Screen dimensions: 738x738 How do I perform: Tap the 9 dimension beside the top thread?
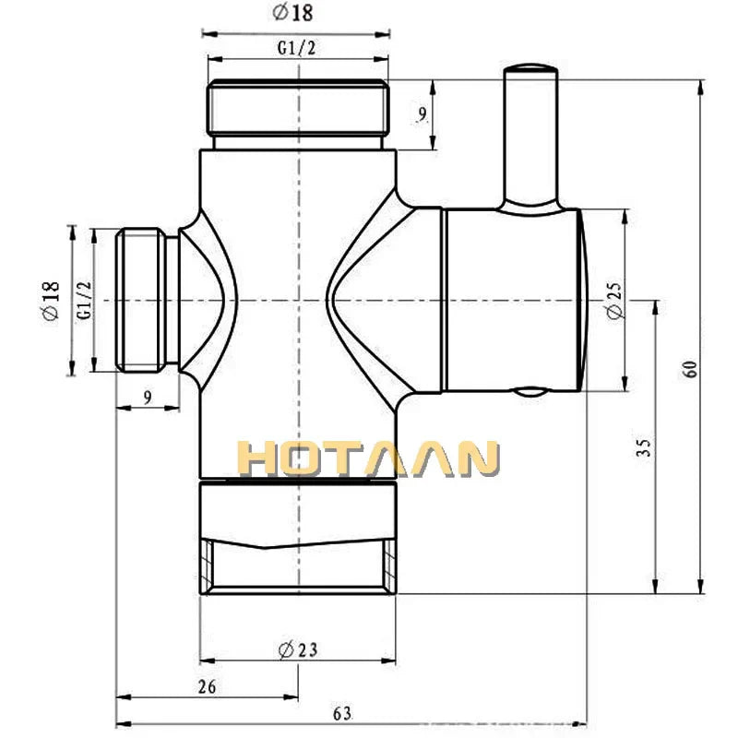[x=422, y=114]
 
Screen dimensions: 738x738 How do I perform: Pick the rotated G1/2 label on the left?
[x=83, y=301]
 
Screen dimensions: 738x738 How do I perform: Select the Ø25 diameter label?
[x=615, y=301]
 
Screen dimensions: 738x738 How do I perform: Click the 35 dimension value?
[x=644, y=448]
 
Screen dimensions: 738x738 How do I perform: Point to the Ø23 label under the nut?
[x=298, y=649]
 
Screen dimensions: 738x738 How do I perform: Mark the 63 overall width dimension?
[x=342, y=712]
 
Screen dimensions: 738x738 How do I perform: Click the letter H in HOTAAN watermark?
[x=260, y=459]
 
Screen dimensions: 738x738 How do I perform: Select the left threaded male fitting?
[x=146, y=301]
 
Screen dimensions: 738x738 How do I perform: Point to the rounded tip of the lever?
[x=529, y=69]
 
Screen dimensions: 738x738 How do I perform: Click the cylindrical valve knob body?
[x=512, y=301]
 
